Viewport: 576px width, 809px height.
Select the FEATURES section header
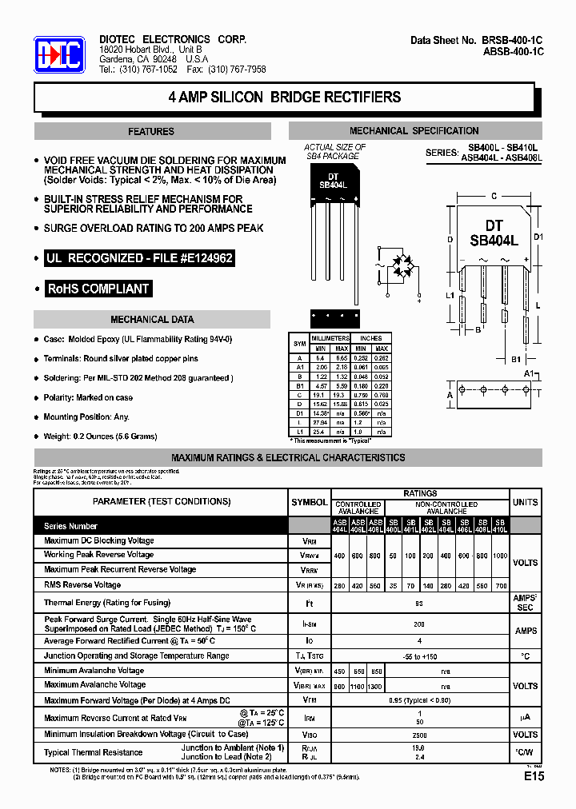[150, 131]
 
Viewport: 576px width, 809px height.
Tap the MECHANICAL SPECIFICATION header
[414, 131]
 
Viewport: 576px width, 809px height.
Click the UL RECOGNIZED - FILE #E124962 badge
[139, 259]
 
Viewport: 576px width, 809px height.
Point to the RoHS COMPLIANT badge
[98, 289]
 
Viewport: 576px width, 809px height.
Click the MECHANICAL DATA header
[151, 320]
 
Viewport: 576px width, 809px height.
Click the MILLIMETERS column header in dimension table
[331, 338]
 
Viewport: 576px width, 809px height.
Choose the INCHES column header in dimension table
[370, 338]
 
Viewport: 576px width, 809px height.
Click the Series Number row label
[70, 526]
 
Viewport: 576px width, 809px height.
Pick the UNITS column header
[525, 502]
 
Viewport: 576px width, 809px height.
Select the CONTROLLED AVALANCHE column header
[358, 508]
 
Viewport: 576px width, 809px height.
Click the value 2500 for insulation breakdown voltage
[419, 734]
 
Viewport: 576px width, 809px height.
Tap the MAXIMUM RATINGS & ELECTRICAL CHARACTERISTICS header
[288, 458]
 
